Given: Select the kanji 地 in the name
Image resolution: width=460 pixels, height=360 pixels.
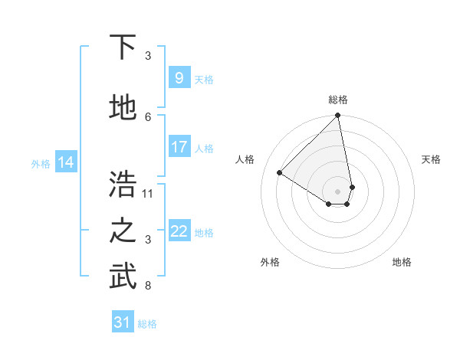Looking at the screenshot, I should [x=123, y=109].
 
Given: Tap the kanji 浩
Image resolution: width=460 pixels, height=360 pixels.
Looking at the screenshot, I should [x=123, y=185].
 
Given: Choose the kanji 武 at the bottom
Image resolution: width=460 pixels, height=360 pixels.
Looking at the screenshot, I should [x=123, y=277].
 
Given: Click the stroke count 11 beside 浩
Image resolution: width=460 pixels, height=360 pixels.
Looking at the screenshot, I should [x=149, y=193].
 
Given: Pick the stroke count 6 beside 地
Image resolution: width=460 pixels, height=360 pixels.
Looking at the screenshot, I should [x=149, y=116].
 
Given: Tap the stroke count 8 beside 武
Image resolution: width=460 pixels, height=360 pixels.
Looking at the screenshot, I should [x=149, y=286].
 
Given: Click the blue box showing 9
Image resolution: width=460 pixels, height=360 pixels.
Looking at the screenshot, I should [x=179, y=77].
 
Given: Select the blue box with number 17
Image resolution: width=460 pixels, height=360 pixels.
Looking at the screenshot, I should [x=179, y=147].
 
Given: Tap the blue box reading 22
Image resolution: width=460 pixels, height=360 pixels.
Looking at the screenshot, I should [x=179, y=231].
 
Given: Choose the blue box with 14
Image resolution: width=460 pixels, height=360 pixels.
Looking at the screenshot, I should [x=66, y=162].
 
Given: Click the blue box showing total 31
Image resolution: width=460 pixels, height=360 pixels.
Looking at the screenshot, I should [x=123, y=322].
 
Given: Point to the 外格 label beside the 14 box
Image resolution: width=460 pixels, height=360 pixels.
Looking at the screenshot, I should [x=41, y=163].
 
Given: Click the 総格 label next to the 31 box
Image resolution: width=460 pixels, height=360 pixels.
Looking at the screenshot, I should [x=147, y=324].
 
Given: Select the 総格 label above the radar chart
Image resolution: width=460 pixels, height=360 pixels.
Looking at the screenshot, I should [x=338, y=100].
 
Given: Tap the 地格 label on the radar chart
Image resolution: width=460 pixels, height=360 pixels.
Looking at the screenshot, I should [x=402, y=262].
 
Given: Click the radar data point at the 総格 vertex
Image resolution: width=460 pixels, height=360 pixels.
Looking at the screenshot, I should [x=338, y=116].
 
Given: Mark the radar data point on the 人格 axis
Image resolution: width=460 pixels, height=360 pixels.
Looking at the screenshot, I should [x=280, y=173].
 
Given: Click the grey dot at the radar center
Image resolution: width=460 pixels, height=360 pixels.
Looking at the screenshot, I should [x=338, y=191].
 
